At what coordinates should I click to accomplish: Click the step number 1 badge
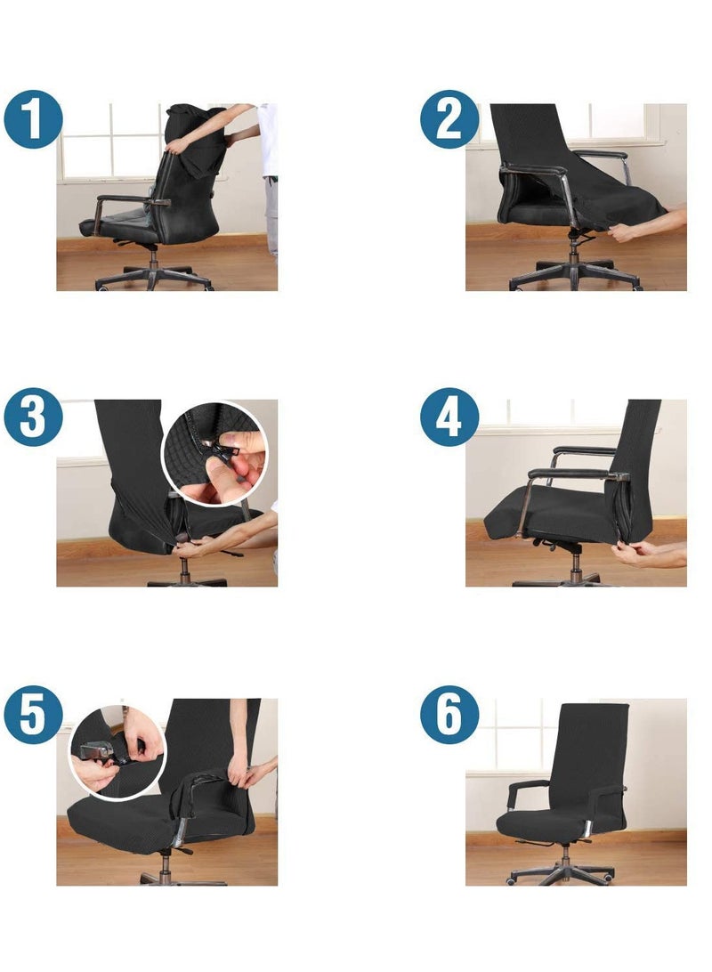pyautogui.click(x=33, y=120)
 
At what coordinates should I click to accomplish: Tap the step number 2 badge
pyautogui.click(x=449, y=118)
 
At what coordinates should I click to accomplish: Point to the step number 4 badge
pyautogui.click(x=449, y=416)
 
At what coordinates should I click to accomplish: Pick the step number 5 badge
pyautogui.click(x=33, y=715)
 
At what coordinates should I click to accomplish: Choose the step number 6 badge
pyautogui.click(x=449, y=715)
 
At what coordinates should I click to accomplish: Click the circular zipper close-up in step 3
pyautogui.click(x=214, y=452)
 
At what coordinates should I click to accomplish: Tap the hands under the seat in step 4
pyautogui.click(x=650, y=556)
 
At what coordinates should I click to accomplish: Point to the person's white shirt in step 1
pyautogui.click(x=268, y=138)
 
